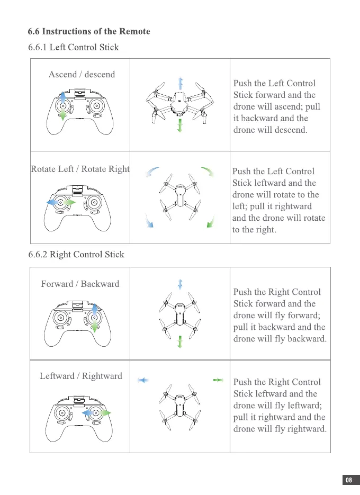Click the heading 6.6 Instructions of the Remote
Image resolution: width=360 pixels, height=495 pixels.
pyautogui.click(x=89, y=32)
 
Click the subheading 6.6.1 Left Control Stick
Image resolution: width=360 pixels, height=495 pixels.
pyautogui.click(x=73, y=48)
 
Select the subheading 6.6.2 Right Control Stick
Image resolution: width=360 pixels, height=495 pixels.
pyautogui.click(x=76, y=255)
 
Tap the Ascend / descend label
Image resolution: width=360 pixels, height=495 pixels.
pyautogui.click(x=82, y=75)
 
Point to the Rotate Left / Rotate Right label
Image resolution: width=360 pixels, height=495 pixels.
pyautogui.click(x=80, y=169)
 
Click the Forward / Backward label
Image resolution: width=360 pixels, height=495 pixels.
pyautogui.click(x=80, y=284)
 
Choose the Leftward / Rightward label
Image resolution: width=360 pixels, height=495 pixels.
pyautogui.click(x=81, y=376)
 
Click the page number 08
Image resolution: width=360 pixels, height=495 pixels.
pyautogui.click(x=349, y=481)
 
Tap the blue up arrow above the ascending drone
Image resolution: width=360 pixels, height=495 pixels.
pyautogui.click(x=181, y=83)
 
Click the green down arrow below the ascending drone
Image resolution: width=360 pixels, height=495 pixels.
pyautogui.click(x=181, y=126)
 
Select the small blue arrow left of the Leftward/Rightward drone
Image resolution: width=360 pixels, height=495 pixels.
pyautogui.click(x=142, y=380)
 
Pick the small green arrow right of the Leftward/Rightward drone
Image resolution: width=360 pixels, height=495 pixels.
pyautogui.click(x=218, y=380)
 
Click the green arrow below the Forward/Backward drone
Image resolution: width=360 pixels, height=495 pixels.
pyautogui.click(x=180, y=341)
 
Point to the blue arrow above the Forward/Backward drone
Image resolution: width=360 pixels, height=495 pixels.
pyautogui.click(x=180, y=284)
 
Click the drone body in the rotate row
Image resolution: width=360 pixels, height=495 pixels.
pyautogui.click(x=180, y=197)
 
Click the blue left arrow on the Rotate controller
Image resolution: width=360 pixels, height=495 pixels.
pyautogui.click(x=52, y=203)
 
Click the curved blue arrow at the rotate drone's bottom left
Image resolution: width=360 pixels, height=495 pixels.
pyautogui.click(x=149, y=221)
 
